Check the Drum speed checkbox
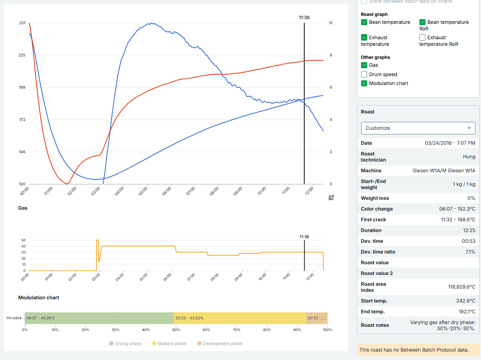(364, 74)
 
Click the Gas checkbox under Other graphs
(364, 65)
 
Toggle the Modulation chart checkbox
(364, 84)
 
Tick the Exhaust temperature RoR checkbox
(423, 37)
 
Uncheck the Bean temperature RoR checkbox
(423, 22)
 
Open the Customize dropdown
(418, 128)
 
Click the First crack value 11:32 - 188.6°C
(456, 219)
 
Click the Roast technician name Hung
(469, 157)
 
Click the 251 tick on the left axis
(22, 23)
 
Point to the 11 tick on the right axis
(330, 23)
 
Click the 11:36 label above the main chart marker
(304, 18)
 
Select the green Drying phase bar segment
(99, 318)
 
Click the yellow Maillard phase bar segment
(240, 318)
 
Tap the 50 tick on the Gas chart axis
(23, 240)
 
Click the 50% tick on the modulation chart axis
(176, 330)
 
